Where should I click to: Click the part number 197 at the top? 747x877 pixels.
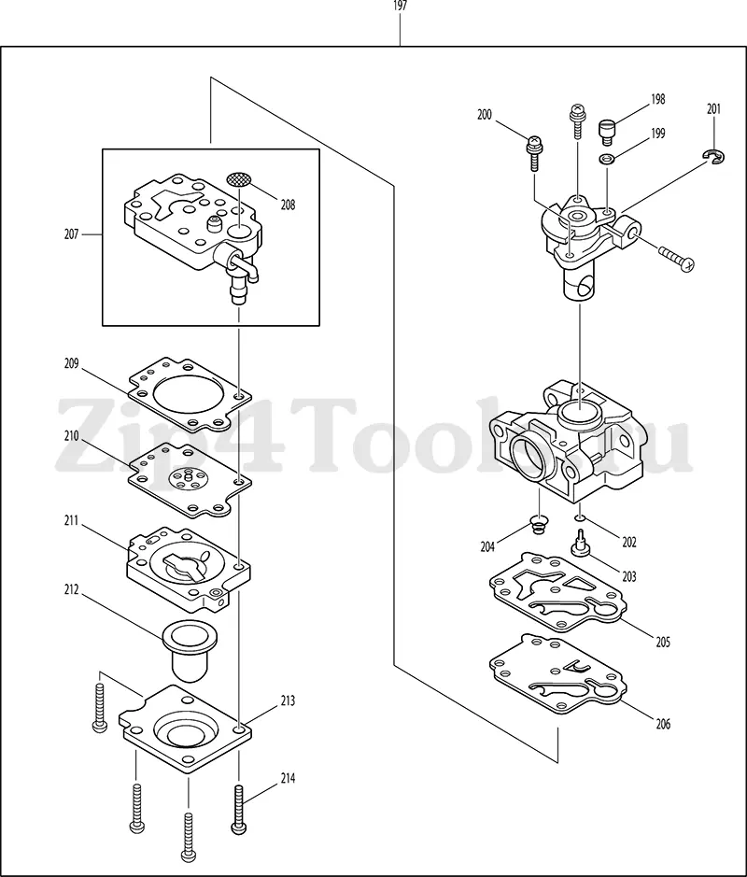click(x=400, y=7)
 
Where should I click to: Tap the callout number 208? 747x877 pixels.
click(x=288, y=205)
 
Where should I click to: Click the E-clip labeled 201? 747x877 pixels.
click(x=713, y=157)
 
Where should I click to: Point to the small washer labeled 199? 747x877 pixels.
click(x=607, y=160)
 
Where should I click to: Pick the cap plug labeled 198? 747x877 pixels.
click(x=607, y=132)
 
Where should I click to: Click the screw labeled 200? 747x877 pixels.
click(x=534, y=152)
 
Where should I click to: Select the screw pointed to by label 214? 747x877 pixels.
click(x=239, y=810)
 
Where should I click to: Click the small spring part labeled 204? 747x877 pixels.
click(x=538, y=525)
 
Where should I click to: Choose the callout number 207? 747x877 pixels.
click(x=71, y=234)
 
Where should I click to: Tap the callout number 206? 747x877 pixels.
click(x=663, y=725)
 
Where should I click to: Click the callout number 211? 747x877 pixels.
click(x=71, y=522)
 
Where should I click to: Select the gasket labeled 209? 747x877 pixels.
click(x=190, y=395)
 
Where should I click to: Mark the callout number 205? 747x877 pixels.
click(x=663, y=642)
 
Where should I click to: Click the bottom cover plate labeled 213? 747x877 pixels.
click(x=185, y=728)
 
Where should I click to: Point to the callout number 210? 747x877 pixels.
click(x=71, y=436)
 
